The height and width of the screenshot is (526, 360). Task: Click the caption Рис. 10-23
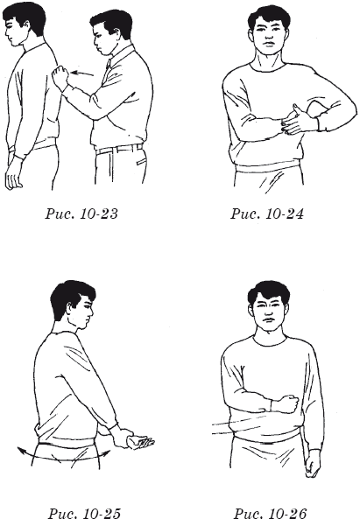81,214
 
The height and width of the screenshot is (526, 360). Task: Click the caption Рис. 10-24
266,214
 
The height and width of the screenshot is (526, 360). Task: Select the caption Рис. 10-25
84,513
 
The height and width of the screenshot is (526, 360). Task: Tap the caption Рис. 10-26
270,513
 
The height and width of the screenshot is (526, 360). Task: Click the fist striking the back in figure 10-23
60,76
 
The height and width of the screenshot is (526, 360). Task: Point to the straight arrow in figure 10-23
82,74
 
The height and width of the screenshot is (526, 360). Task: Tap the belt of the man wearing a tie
119,148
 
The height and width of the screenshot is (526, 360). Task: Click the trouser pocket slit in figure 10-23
142,162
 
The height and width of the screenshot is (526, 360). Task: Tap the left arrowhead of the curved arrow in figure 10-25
22,450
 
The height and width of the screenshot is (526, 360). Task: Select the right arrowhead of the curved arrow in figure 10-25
106,453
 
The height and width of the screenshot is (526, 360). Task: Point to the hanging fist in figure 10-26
313,464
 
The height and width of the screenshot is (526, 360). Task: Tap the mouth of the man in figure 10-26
269,319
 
